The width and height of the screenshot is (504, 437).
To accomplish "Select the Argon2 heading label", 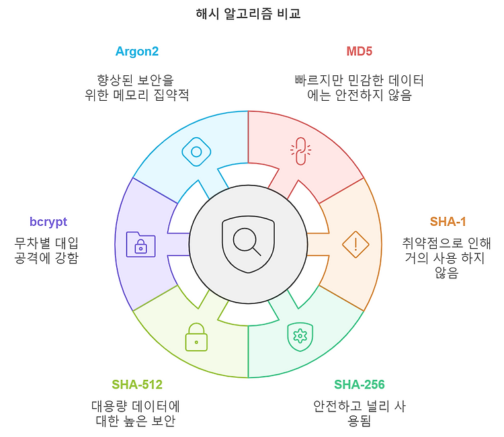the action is tap(137, 51).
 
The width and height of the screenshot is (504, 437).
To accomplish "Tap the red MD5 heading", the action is tap(360, 51).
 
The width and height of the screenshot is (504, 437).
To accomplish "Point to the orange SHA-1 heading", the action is tap(448, 222).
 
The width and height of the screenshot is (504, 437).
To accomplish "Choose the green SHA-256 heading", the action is tap(360, 385).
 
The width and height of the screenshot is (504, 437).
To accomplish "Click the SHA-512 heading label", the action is tap(137, 385).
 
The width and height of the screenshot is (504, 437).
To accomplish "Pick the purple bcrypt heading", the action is tap(48, 222).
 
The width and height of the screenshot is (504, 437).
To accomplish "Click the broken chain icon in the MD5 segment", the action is tap(300, 152).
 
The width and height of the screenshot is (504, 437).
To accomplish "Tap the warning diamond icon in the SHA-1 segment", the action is tap(355, 244).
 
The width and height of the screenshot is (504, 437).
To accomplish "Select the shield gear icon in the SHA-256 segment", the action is tap(300, 336).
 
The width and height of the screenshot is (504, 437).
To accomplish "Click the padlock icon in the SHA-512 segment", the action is tap(196, 337).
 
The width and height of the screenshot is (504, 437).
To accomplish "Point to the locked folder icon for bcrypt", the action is tap(140, 244).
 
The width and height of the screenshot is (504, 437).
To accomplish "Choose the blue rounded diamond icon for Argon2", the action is tap(196, 152).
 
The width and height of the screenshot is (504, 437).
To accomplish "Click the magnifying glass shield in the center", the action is tap(248, 244).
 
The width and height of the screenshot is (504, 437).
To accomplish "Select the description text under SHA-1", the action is tap(447, 257).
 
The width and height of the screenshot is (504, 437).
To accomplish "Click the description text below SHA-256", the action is tap(360, 413).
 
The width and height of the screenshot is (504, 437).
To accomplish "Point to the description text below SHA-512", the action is tap(136, 413).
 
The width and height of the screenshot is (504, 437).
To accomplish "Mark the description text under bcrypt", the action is tap(46, 249).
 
